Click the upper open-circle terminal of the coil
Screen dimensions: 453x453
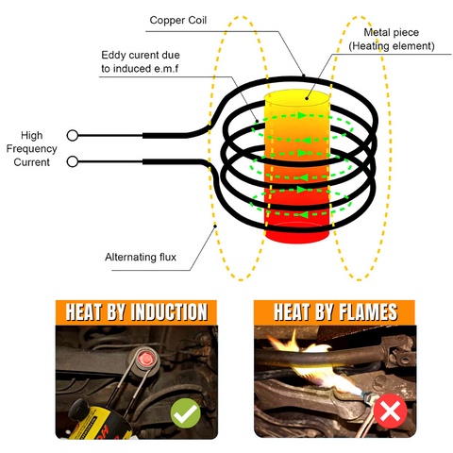(72, 135)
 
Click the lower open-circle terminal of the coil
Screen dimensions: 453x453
(72, 163)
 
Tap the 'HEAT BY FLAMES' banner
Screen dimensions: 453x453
(327, 312)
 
